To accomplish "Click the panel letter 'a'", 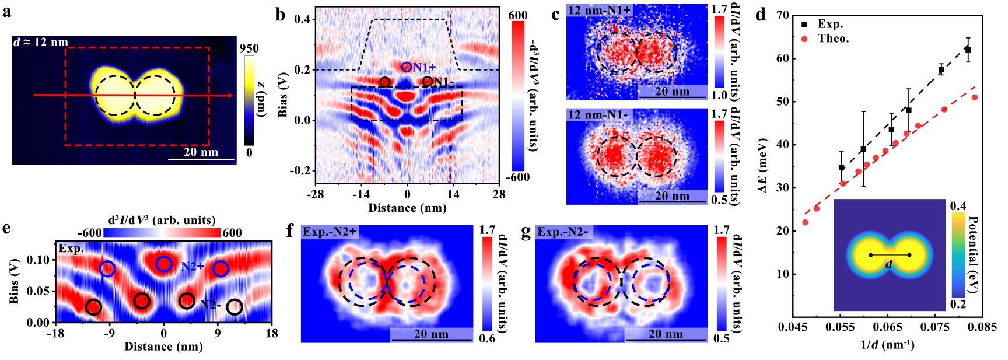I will pos(6,11).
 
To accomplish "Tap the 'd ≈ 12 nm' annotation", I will pos(40,42).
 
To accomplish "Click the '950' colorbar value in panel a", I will pos(249,48).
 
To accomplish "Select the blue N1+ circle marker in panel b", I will pos(407,67).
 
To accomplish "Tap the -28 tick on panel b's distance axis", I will pos(316,194).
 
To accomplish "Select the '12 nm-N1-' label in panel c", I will pos(597,114).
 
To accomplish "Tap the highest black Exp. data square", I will pos(968,50).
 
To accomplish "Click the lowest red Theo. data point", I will pos(806,222).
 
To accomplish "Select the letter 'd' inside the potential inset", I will pos(888,264).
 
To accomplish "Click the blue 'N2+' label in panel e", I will pos(192,267).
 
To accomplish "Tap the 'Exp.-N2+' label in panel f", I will pos(330,232).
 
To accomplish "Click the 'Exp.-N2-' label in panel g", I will pos(563,232).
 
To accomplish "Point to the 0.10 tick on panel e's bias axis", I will pos(42,260).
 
